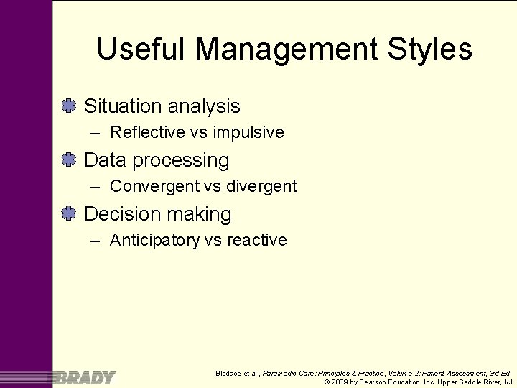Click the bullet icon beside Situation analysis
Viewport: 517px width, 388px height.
[69, 106]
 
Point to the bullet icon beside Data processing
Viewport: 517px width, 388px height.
[69, 160]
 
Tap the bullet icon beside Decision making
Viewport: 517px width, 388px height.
[69, 214]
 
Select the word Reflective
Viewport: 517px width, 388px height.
[149, 132]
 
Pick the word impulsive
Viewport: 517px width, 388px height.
[248, 132]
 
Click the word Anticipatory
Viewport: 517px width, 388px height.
[154, 240]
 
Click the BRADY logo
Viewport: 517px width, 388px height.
[85, 377]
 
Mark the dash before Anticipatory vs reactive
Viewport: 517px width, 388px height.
[96, 240]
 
